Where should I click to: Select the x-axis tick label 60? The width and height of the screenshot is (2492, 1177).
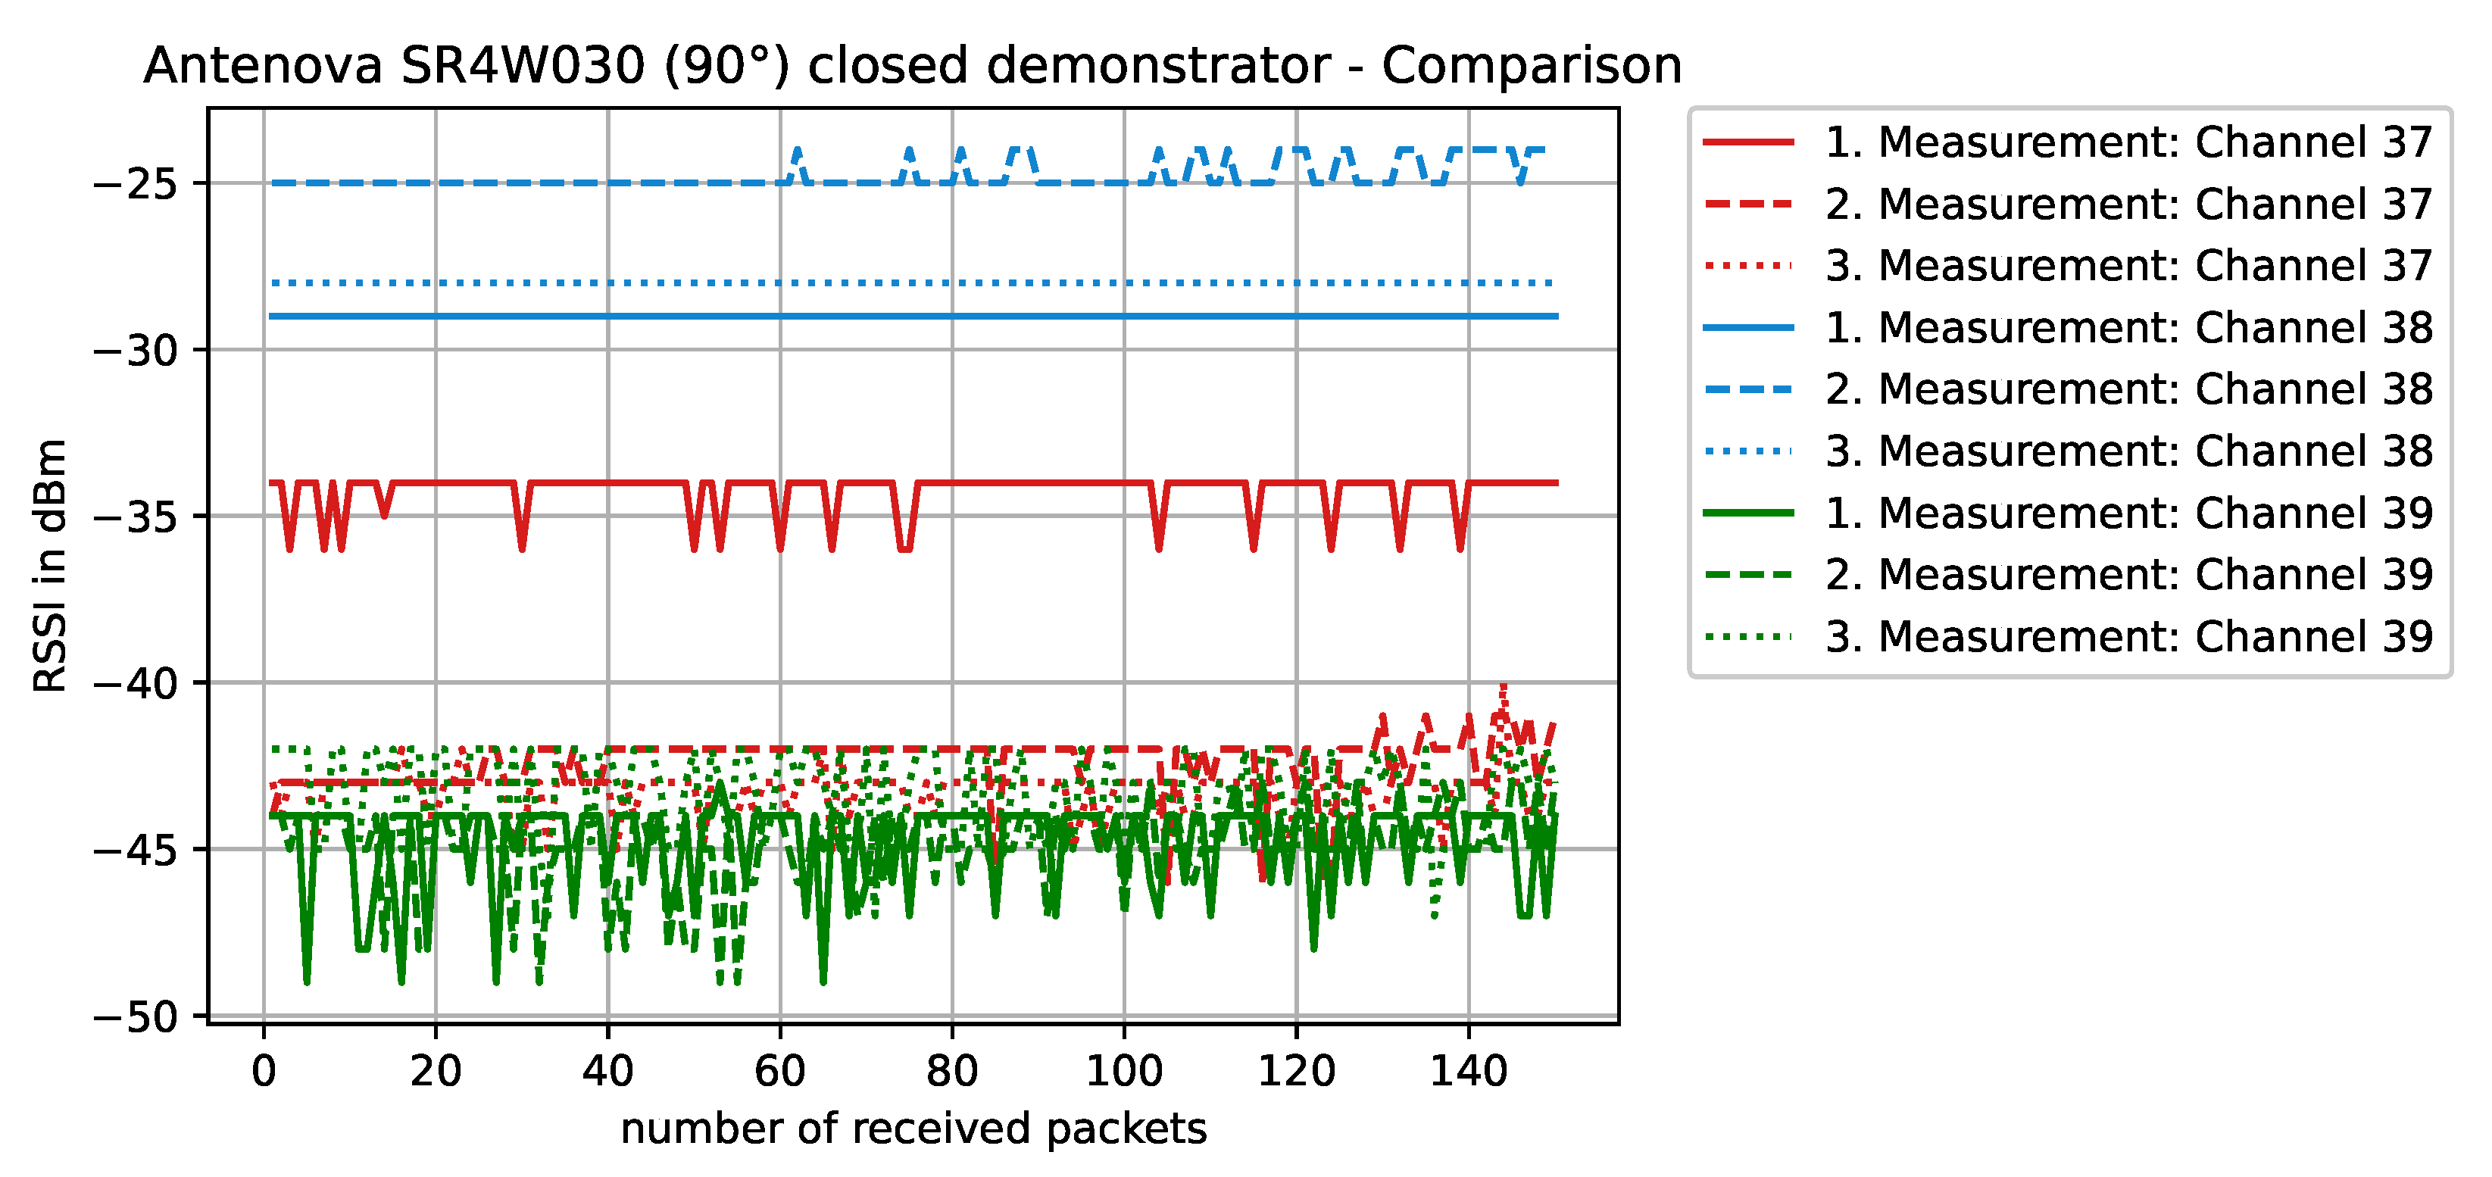pyautogui.click(x=779, y=1072)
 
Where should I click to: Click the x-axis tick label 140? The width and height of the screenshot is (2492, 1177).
pyautogui.click(x=1469, y=1072)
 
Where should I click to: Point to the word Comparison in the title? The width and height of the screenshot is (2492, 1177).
pyautogui.click(x=1532, y=66)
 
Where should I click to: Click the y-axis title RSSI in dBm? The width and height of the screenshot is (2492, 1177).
pyautogui.click(x=50, y=565)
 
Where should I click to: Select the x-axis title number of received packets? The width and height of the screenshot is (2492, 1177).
pyautogui.click(x=913, y=1129)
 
